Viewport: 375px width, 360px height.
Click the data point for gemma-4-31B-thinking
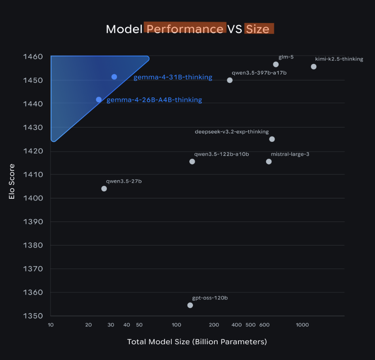(x=114, y=77)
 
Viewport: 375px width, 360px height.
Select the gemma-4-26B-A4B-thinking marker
(x=99, y=99)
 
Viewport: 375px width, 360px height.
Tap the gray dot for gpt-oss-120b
(x=190, y=305)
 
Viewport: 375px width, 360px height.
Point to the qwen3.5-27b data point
(x=104, y=189)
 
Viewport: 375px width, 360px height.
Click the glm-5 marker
(x=276, y=64)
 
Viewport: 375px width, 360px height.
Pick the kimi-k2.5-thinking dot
(x=314, y=67)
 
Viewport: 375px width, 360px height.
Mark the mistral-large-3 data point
(x=269, y=162)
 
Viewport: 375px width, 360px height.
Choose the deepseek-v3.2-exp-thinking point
(x=272, y=139)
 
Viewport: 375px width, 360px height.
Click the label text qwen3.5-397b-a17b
(x=259, y=73)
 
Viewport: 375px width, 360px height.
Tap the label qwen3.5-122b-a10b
(x=221, y=154)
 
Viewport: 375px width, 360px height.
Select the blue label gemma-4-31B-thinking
(x=173, y=77)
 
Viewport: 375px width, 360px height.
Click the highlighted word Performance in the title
(x=185, y=29)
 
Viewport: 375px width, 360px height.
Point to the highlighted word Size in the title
(x=258, y=29)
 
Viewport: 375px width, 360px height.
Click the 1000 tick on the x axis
(x=301, y=325)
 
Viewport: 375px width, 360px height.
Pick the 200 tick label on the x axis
(x=214, y=325)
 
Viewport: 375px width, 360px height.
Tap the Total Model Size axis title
(x=197, y=342)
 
